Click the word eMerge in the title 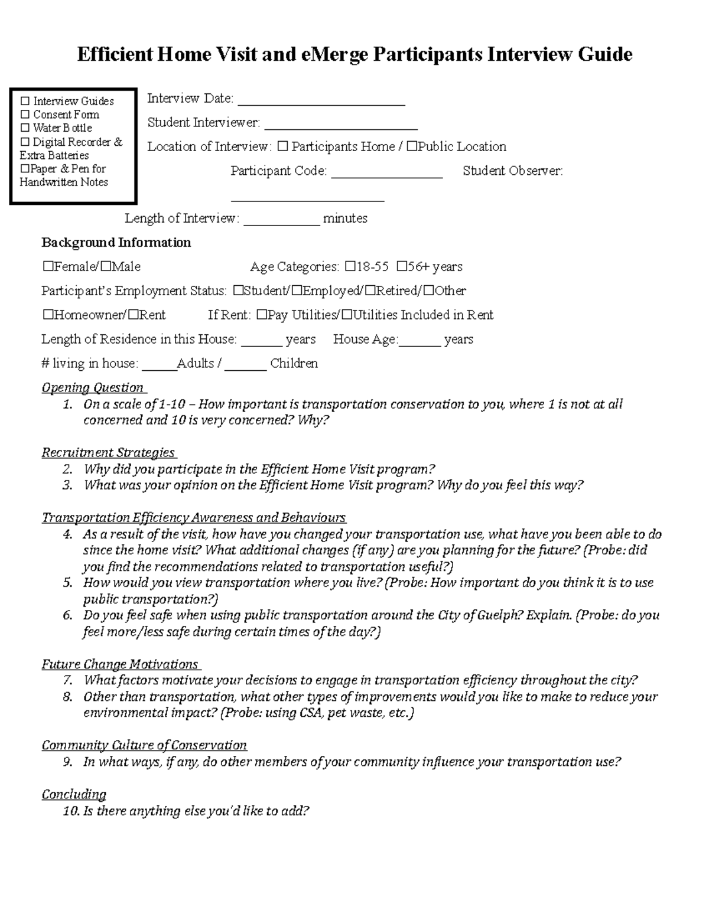tap(334, 55)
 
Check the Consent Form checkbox tap(25, 115)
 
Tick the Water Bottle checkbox tap(25, 128)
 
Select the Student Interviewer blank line tap(341, 125)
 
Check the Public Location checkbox tap(412, 146)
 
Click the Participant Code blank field tap(387, 172)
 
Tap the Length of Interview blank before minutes tap(281, 220)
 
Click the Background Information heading tap(116, 243)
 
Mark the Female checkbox tap(47, 267)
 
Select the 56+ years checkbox tap(402, 267)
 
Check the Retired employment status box tap(370, 291)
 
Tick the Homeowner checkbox tap(47, 315)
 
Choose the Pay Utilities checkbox tap(262, 315)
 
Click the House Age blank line tap(420, 341)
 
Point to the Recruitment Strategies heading tap(108, 453)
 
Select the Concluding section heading tap(74, 794)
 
